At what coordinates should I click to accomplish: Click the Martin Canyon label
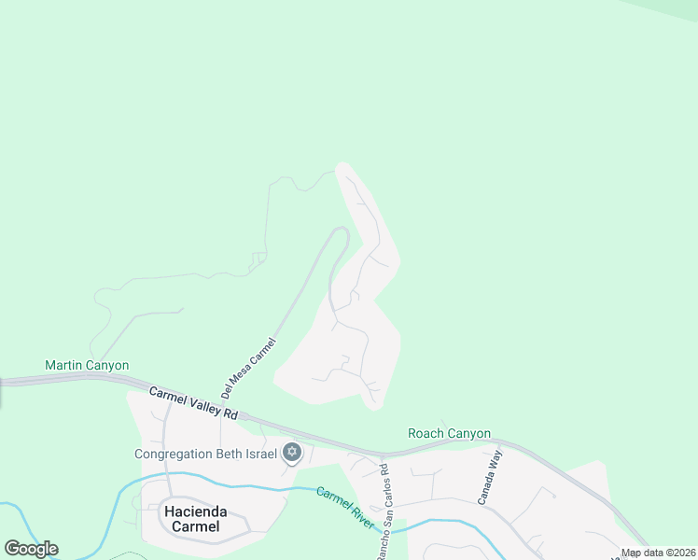[87, 365]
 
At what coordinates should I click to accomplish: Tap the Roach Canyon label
[449, 433]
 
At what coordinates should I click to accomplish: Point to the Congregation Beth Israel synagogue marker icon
[292, 454]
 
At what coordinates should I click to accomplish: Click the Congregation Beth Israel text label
[206, 455]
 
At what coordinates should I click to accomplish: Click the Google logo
[31, 549]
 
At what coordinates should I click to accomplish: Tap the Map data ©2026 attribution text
[658, 553]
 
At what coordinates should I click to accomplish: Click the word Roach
[427, 433]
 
